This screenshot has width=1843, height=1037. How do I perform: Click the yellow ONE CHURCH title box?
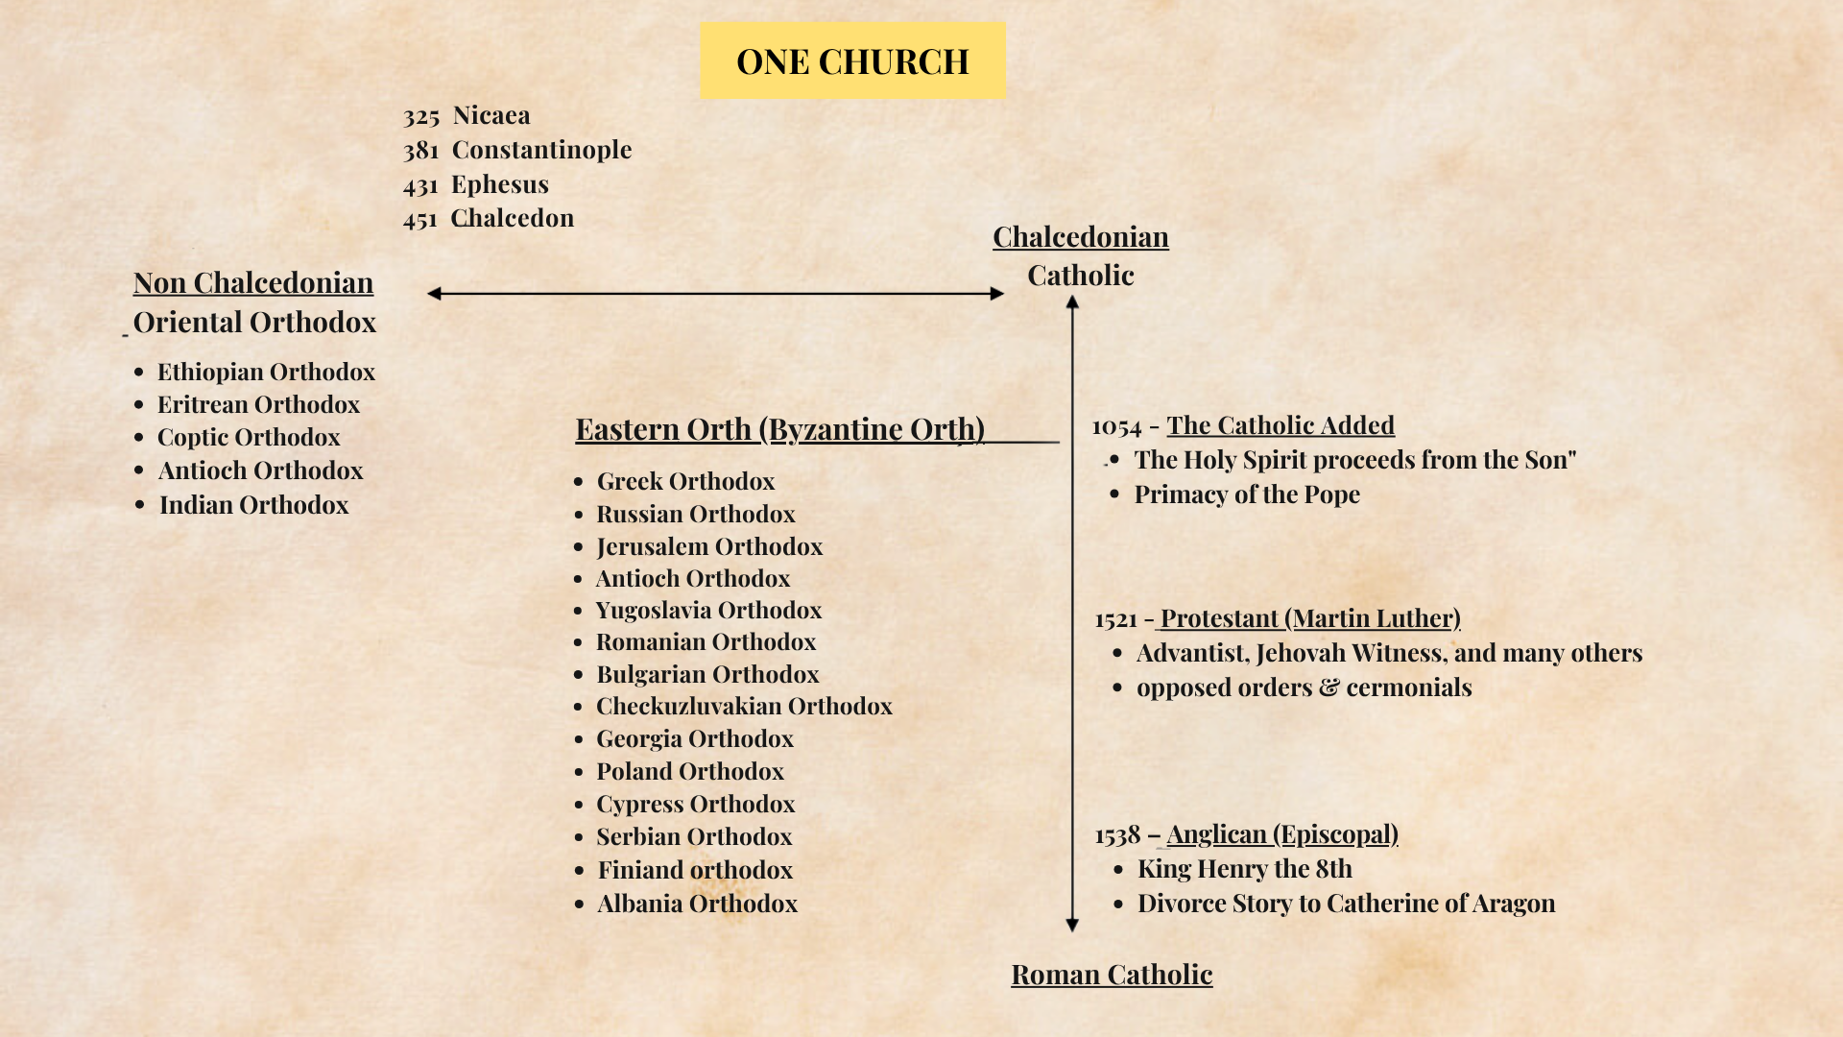[852, 61]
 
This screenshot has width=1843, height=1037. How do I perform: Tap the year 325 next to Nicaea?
[421, 117]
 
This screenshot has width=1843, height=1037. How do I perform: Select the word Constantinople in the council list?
[541, 150]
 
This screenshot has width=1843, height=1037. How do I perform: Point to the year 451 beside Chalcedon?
[420, 220]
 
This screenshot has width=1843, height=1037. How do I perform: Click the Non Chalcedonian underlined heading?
[253, 283]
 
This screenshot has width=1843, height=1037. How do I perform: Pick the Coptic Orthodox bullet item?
[249, 438]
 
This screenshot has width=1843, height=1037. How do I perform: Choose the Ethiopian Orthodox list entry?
[266, 373]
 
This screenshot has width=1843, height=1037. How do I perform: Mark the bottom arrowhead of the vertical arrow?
[1072, 925]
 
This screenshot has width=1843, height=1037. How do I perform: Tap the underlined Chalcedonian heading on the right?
[1081, 237]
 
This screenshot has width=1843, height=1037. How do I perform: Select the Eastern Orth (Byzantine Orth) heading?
[780, 429]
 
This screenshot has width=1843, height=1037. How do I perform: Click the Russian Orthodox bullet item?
[696, 515]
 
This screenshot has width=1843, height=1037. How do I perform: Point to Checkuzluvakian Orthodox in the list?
[744, 707]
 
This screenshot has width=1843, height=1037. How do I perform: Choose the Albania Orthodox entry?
[697, 904]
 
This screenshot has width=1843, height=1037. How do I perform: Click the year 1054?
[1116, 427]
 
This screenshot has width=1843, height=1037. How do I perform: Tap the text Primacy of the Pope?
[1247, 494]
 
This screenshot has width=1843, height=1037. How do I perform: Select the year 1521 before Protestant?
[1115, 620]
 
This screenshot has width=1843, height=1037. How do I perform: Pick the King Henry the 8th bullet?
[1244, 869]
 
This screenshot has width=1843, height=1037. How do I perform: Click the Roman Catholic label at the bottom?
[1112, 975]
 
